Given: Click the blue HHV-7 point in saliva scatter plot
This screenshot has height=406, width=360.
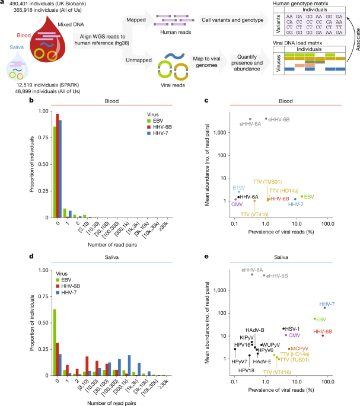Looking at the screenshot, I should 324,308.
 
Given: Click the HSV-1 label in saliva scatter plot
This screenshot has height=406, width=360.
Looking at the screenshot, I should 294,328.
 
